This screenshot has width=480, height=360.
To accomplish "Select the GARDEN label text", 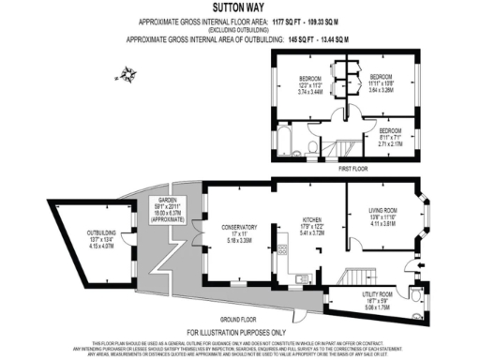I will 168,201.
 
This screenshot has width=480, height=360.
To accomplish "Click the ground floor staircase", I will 357,277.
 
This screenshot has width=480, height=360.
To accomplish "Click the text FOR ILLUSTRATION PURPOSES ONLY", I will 240,333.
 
